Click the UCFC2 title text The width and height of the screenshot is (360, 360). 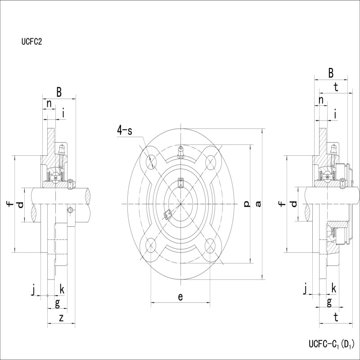[31, 41]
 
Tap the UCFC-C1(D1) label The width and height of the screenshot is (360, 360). [331, 344]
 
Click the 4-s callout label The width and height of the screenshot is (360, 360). [125, 130]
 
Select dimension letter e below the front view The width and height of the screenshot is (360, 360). [180, 297]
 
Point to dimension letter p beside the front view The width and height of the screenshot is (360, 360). [247, 203]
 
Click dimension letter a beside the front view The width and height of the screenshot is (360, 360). [258, 203]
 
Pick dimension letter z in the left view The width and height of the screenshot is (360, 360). [61, 318]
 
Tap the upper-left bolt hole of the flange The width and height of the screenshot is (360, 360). [151, 162]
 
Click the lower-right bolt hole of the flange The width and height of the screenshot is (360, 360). [210, 246]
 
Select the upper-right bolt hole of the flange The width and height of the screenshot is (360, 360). [210, 162]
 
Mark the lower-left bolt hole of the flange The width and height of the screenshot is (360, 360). [151, 246]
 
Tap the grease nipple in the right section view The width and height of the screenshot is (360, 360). [333, 150]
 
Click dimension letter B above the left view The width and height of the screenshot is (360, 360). [59, 92]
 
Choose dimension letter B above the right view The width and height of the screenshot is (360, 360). [331, 73]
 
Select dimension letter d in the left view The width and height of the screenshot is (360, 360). [20, 204]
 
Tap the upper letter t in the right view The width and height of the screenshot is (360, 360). [336, 87]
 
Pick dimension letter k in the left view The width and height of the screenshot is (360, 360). [62, 289]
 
